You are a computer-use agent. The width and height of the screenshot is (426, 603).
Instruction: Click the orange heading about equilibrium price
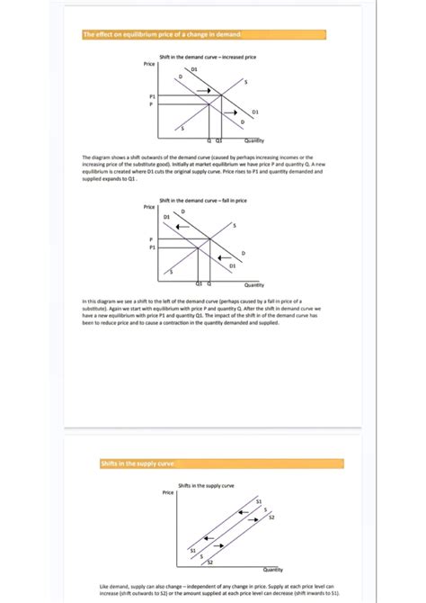(162, 35)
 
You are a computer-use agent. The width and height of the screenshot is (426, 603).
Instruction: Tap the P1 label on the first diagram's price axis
(152, 96)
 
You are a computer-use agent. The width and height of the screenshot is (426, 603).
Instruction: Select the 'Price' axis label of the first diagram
(149, 65)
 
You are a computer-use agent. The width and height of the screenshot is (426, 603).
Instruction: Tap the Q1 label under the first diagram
(219, 140)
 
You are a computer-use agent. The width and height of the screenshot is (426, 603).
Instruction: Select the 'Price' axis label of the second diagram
(149, 208)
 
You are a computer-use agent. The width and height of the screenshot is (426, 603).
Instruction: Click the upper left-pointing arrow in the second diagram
(182, 226)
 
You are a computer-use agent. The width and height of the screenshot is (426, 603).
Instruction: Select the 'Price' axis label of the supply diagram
(168, 493)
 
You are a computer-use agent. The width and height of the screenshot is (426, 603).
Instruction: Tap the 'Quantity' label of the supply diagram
(273, 569)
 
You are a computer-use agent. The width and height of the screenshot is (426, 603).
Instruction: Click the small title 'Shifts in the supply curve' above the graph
(207, 485)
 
